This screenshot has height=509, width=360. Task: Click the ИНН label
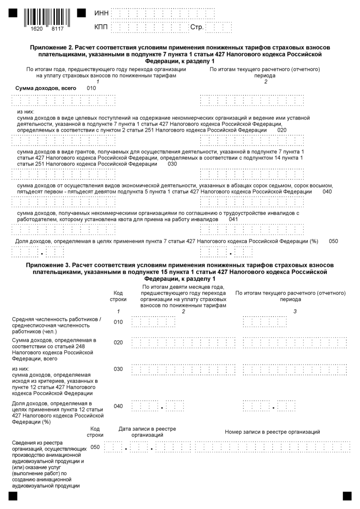click(101, 14)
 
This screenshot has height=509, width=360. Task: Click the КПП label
click(101, 28)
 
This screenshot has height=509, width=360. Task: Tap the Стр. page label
click(197, 28)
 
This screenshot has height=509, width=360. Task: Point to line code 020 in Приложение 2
click(282, 130)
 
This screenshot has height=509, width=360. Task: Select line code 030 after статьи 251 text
click(172, 164)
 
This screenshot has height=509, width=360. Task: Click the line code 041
click(234, 219)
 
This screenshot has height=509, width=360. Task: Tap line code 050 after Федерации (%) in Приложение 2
click(333, 241)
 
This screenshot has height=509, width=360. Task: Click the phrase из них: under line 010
click(26, 111)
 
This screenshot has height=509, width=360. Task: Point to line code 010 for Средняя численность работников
click(118, 322)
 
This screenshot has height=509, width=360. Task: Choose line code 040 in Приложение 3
click(118, 406)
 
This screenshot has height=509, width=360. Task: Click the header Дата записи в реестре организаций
click(147, 431)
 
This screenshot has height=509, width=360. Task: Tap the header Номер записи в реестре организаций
click(272, 431)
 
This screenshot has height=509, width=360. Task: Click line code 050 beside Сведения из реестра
click(95, 447)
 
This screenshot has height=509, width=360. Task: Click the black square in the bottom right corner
click(347, 496)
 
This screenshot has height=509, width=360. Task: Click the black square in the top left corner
click(13, 13)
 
